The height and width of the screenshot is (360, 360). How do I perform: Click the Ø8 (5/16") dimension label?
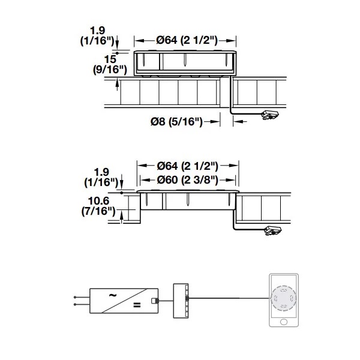(x=176, y=121)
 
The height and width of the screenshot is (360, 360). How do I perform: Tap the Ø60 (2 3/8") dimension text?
(x=187, y=180)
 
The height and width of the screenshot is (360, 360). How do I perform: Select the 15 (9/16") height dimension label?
(x=110, y=65)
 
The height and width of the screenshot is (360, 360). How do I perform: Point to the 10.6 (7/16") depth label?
(x=98, y=206)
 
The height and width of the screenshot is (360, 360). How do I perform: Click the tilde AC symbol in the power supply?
(x=112, y=295)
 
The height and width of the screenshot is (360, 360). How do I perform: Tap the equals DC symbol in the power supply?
(x=137, y=305)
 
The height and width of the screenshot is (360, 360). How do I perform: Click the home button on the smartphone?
(x=284, y=322)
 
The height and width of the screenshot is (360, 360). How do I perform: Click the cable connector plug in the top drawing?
(x=270, y=115)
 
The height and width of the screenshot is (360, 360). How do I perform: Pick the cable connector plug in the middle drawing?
(x=273, y=231)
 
